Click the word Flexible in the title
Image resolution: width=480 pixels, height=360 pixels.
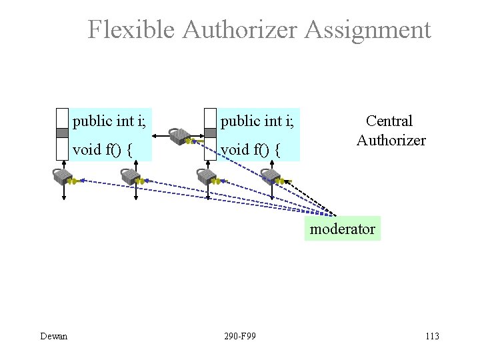(131, 30)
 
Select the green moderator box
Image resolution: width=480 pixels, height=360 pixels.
(342, 229)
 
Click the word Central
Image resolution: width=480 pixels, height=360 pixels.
(389, 121)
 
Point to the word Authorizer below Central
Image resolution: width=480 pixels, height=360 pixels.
(391, 140)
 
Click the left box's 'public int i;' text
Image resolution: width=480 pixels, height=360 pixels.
(110, 121)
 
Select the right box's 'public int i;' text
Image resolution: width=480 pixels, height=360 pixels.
(257, 121)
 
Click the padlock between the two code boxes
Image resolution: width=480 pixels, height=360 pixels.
(179, 137)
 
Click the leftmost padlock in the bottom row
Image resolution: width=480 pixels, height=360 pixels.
(63, 177)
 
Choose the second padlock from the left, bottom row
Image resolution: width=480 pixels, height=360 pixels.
(130, 177)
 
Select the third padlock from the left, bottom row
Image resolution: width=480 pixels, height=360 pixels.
(207, 177)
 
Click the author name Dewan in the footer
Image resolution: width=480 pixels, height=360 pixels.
(53, 336)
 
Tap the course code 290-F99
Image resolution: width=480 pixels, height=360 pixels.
(240, 336)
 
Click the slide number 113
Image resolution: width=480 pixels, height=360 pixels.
(431, 336)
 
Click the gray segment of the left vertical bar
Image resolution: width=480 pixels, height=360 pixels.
(63, 133)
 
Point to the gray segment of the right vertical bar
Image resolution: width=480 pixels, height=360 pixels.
(211, 133)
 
